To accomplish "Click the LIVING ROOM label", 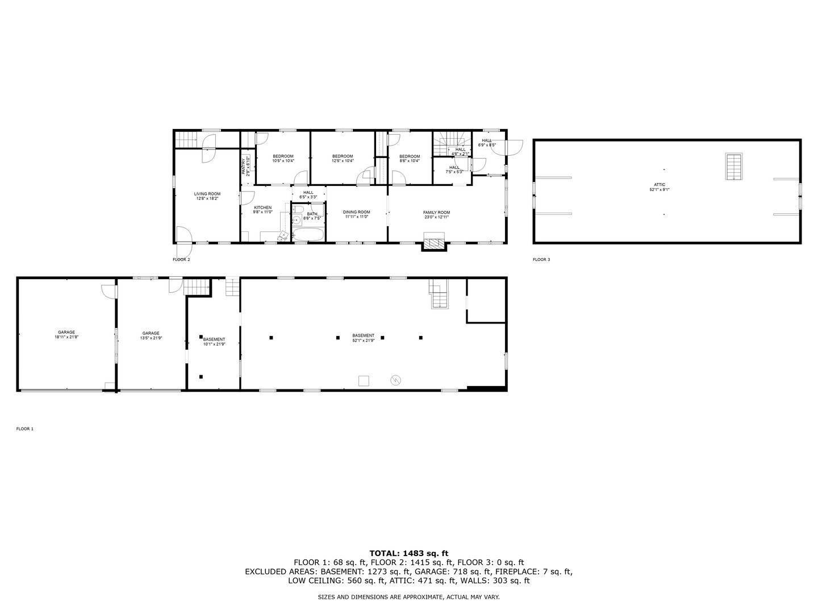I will (207, 196).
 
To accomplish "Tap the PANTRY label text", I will (244, 165).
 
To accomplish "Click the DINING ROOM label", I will (356, 214).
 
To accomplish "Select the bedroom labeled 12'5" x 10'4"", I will (343, 159).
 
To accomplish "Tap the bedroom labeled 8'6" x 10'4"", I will (409, 159).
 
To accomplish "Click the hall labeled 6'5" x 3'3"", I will (308, 194).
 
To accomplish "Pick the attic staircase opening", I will (734, 166).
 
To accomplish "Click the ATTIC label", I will (659, 187).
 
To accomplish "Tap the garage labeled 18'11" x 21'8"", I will (66, 335).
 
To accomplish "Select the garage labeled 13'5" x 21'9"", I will (151, 335).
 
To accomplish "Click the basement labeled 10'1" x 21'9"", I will (214, 342).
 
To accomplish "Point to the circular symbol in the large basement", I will (395, 380).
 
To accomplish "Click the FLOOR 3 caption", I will (541, 260).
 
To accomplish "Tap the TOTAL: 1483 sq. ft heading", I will (408, 553).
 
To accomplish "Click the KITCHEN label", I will (262, 210).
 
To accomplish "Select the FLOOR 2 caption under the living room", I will (181, 260).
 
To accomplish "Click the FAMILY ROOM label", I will (436, 214).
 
